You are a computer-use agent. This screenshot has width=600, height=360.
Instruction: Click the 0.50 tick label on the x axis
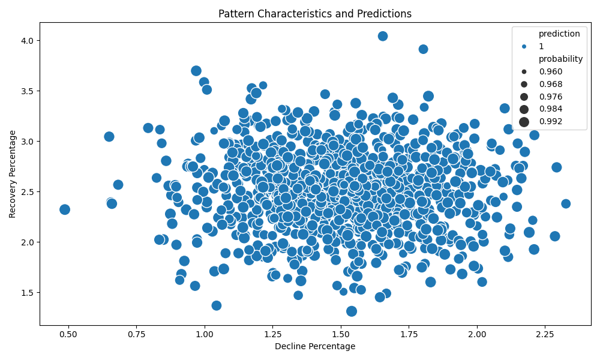(x=68, y=334)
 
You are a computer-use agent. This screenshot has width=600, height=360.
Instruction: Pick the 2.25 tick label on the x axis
(x=545, y=334)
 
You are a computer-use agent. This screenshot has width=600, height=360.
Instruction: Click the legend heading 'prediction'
(x=559, y=34)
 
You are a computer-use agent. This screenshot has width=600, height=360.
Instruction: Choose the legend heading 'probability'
(x=560, y=59)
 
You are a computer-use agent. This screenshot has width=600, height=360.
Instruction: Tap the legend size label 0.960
(x=550, y=71)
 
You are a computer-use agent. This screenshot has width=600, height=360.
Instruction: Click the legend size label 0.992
(x=550, y=122)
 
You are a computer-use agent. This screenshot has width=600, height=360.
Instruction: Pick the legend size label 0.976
(x=550, y=97)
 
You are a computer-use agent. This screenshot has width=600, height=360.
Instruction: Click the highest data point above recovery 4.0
(x=383, y=36)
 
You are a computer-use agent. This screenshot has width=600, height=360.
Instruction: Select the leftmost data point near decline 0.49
(x=65, y=209)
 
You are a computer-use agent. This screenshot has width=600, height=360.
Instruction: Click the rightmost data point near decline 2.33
(x=566, y=204)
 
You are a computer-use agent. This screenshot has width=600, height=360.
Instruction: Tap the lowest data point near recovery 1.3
(x=352, y=311)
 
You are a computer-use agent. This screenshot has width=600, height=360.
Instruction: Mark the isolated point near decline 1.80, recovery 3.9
(x=423, y=49)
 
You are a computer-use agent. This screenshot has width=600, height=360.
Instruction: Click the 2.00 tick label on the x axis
(x=477, y=334)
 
